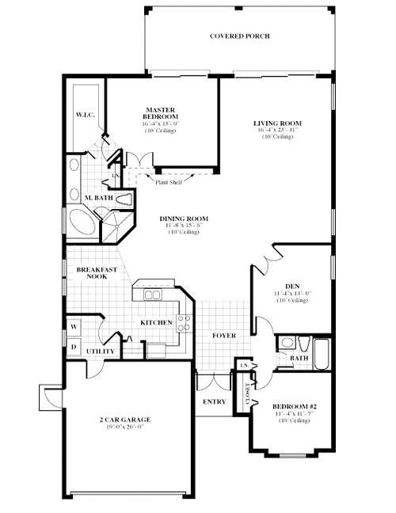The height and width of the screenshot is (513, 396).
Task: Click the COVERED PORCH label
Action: [239, 36]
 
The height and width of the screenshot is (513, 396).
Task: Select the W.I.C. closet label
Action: [86, 115]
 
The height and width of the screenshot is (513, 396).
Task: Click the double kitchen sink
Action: [150, 295]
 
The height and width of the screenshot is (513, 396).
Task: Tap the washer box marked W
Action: [74, 326]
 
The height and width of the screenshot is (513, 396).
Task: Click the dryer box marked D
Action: [74, 347]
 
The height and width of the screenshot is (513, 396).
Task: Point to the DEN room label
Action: [291, 287]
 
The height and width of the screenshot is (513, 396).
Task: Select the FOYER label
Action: [224, 336]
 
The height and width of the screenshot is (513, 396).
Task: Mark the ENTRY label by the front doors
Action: [214, 401]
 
